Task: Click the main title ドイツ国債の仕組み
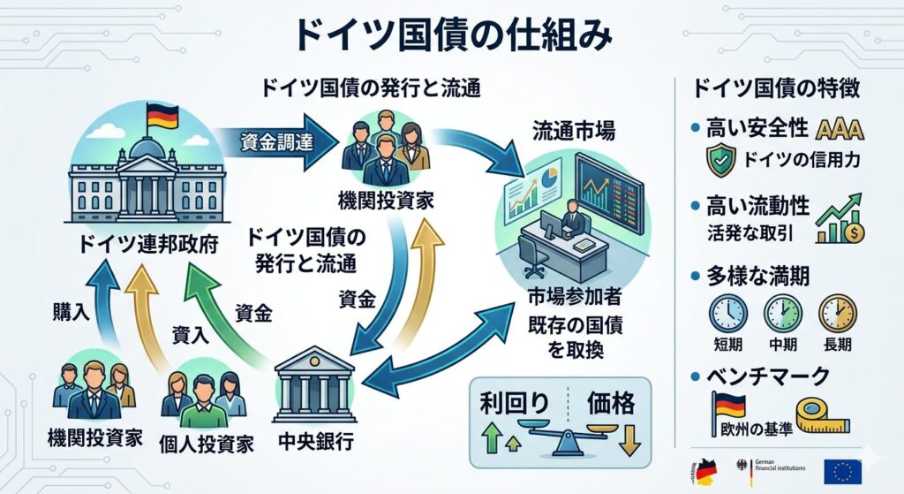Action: [x=451, y=36]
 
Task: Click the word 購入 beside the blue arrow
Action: [x=66, y=311]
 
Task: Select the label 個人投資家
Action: [x=207, y=441]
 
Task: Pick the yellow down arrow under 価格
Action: [x=629, y=438]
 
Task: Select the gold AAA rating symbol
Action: [x=840, y=130]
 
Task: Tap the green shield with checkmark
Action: [x=721, y=161]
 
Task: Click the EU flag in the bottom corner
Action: [x=842, y=471]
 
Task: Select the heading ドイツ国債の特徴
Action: [x=776, y=87]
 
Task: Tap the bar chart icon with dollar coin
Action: [x=840, y=221]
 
